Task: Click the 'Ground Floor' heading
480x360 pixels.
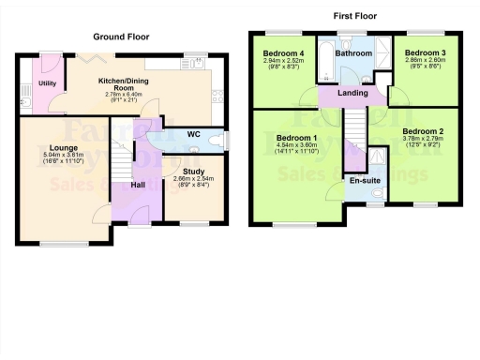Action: click(121, 37)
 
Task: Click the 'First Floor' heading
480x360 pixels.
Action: click(356, 17)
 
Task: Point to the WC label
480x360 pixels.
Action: click(194, 134)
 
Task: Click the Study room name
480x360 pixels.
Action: click(194, 171)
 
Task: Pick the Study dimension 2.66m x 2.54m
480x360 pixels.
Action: click(194, 179)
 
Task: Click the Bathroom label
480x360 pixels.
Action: click(355, 53)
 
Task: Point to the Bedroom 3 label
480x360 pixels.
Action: click(419, 53)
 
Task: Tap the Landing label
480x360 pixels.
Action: click(353, 92)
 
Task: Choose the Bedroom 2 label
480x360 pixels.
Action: click(423, 131)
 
